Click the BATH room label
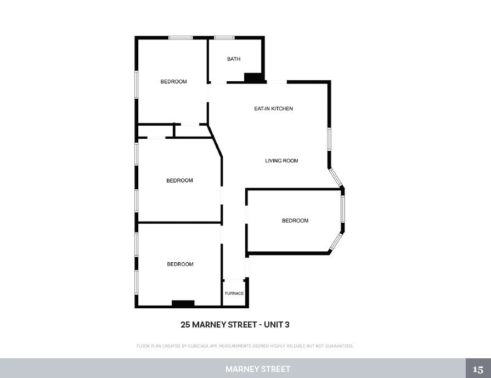click(x=234, y=59)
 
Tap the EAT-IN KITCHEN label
click(x=273, y=109)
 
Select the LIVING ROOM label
click(x=281, y=161)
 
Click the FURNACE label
click(x=234, y=294)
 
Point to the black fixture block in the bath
click(x=253, y=78)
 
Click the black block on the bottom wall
click(x=183, y=303)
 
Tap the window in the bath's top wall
click(x=224, y=38)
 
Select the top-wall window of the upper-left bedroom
click(x=180, y=38)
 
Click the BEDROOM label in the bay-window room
click(x=295, y=221)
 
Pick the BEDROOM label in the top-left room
click(x=173, y=82)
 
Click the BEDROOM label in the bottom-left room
click(x=180, y=264)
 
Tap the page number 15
click(x=478, y=369)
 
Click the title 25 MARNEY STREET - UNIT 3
click(x=235, y=325)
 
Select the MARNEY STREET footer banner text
click(x=258, y=369)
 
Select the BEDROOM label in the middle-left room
click(x=179, y=180)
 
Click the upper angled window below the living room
click(x=335, y=177)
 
